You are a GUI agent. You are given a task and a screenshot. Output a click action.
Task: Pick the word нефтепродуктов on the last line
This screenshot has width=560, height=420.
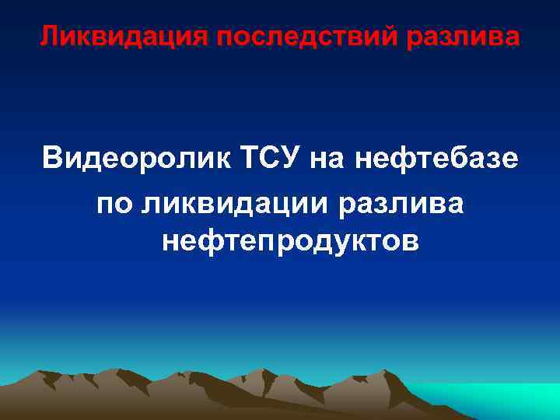click(x=291, y=241)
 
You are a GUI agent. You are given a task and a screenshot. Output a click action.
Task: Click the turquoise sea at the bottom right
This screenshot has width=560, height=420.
click(x=513, y=401)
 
